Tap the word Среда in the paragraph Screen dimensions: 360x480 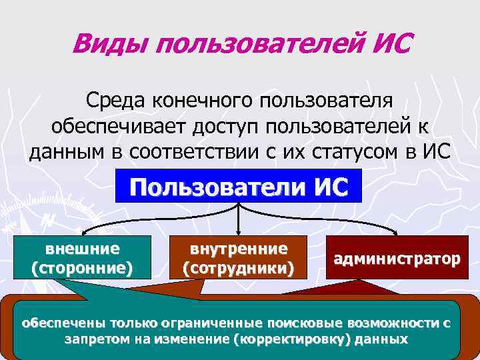pos(115,101)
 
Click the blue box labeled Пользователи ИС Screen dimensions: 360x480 pos(239,187)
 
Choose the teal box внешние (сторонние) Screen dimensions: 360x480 pos(82,259)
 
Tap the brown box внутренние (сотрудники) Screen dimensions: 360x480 pos(239,259)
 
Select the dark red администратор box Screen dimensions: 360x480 pos(397,259)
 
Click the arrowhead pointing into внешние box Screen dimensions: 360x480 pos(81,232)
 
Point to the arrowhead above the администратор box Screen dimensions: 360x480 pos(397,232)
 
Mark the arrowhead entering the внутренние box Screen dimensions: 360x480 pos(239,232)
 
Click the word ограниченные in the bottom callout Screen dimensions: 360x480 pos(213,323)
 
